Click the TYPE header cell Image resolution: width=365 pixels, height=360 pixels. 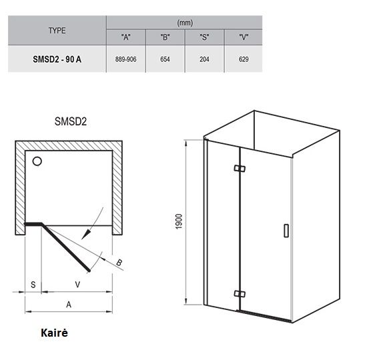57,31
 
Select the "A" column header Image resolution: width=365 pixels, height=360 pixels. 126,37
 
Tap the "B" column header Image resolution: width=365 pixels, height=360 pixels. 165,37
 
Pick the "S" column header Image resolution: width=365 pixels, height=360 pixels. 204,37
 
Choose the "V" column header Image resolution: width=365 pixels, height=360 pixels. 244,37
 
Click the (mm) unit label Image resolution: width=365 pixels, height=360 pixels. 185,23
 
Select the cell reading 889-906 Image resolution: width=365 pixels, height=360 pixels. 125,59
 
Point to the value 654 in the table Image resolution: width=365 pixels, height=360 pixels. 165,59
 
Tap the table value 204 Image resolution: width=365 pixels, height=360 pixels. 204,59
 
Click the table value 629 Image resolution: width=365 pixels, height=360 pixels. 244,59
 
